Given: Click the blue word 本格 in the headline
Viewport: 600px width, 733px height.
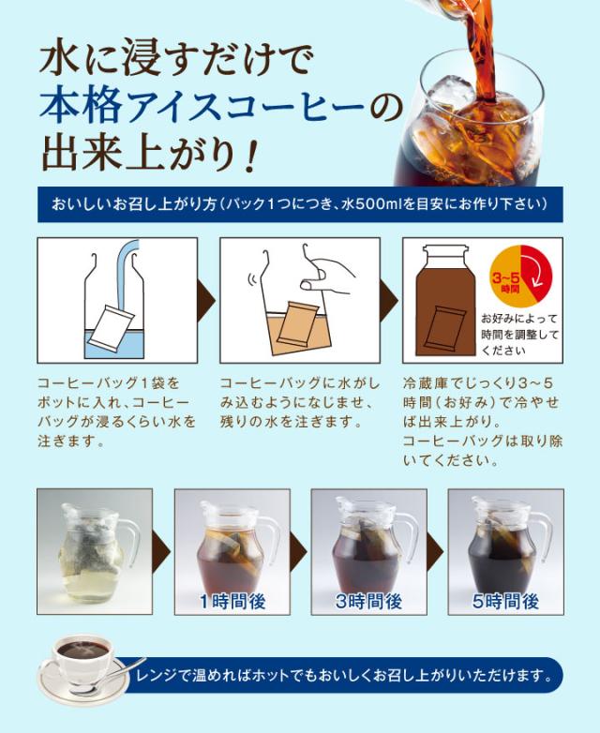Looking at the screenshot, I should pos(80,105).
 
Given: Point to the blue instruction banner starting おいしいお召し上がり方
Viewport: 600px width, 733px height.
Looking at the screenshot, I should pos(299,203).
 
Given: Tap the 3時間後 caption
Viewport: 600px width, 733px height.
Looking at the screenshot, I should pos(368,600).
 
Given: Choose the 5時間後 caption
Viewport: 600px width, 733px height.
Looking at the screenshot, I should pos(505,600).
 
